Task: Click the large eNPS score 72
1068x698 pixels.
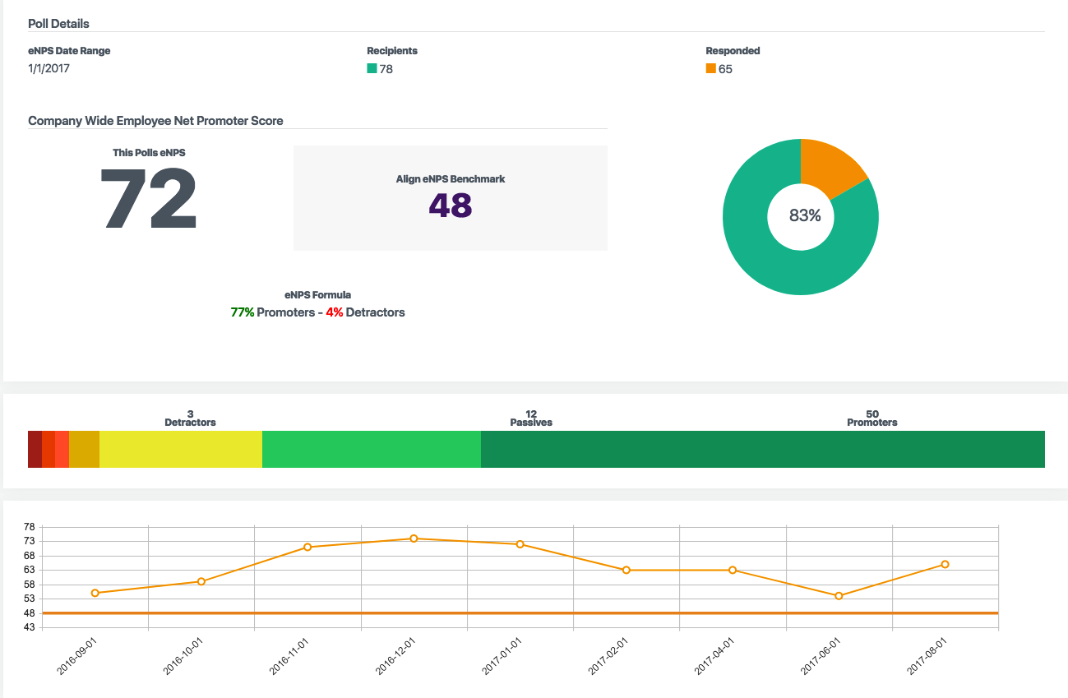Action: pyautogui.click(x=149, y=199)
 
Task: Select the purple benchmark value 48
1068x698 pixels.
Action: pyautogui.click(x=451, y=206)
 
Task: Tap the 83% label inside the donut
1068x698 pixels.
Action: pyautogui.click(x=804, y=216)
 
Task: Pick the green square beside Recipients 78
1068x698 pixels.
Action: pyautogui.click(x=372, y=69)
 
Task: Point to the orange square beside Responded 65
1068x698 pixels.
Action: pyautogui.click(x=710, y=69)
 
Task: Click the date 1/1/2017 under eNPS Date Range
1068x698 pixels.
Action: pyautogui.click(x=49, y=69)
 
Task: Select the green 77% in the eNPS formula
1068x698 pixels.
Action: pyautogui.click(x=243, y=312)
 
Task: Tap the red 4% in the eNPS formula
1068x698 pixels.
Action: pyautogui.click(x=334, y=312)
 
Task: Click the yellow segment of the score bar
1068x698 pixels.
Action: pyautogui.click(x=181, y=449)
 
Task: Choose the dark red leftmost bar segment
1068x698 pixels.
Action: pyautogui.click(x=35, y=449)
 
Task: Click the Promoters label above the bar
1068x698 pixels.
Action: pyautogui.click(x=872, y=423)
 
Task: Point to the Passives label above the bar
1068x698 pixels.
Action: pyautogui.click(x=530, y=423)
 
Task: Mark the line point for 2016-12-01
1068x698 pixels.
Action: pyautogui.click(x=414, y=539)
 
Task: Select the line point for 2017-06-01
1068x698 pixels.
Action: pyautogui.click(x=839, y=596)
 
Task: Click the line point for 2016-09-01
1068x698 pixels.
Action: pyautogui.click(x=95, y=593)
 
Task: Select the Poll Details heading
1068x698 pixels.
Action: pyautogui.click(x=58, y=24)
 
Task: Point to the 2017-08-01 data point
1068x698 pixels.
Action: pyautogui.click(x=945, y=564)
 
